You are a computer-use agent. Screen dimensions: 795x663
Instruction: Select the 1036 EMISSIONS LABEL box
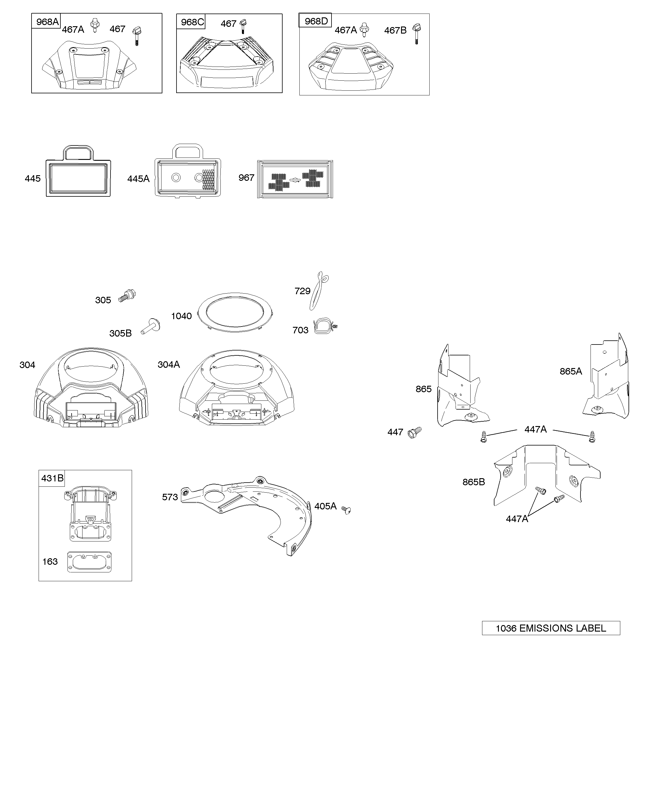click(550, 628)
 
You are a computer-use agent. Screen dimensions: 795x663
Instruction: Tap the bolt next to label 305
click(127, 295)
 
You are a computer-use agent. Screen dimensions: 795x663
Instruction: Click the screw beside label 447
click(415, 432)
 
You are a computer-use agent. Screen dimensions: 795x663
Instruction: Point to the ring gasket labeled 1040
click(235, 312)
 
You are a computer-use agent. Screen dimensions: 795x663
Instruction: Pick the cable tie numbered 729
click(318, 291)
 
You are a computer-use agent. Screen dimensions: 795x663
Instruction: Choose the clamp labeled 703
click(325, 327)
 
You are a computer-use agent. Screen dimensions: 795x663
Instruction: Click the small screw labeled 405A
click(346, 510)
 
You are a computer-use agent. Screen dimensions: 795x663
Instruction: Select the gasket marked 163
click(89, 562)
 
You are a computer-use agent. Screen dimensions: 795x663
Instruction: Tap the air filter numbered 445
click(78, 173)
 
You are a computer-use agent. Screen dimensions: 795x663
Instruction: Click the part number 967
click(246, 178)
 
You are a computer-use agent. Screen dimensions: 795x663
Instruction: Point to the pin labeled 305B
click(151, 326)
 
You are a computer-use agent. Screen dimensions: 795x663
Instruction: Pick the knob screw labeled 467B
click(417, 33)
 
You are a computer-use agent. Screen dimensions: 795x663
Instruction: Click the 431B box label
click(52, 478)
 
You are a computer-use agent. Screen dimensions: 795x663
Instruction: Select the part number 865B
click(474, 482)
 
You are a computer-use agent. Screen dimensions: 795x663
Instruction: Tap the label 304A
click(169, 364)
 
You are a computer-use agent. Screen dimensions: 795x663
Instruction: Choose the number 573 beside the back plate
click(170, 497)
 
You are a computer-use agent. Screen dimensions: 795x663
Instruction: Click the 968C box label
click(192, 22)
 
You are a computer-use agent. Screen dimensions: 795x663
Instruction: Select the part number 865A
click(570, 371)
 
